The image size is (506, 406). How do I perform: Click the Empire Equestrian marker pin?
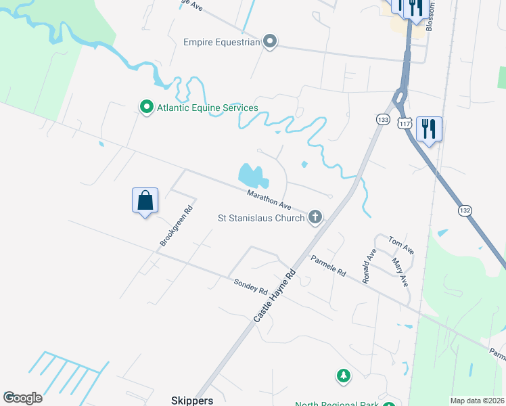(270, 43)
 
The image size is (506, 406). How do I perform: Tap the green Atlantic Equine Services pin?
(145, 108)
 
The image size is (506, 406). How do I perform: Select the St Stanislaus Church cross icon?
(314, 218)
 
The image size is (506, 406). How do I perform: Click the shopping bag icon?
(145, 200)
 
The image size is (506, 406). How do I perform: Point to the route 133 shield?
(383, 119)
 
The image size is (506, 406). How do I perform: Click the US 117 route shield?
(405, 123)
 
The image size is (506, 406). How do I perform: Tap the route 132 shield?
(465, 210)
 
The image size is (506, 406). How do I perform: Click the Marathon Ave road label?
(269, 200)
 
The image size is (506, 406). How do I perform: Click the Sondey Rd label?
(250, 286)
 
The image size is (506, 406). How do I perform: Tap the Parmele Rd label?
(329, 265)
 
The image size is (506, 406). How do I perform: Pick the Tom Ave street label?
(400, 245)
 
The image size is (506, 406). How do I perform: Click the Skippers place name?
(193, 400)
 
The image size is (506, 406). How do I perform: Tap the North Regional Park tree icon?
(344, 375)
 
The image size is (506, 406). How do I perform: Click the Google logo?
(22, 398)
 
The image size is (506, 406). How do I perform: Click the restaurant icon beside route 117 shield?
(429, 129)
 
